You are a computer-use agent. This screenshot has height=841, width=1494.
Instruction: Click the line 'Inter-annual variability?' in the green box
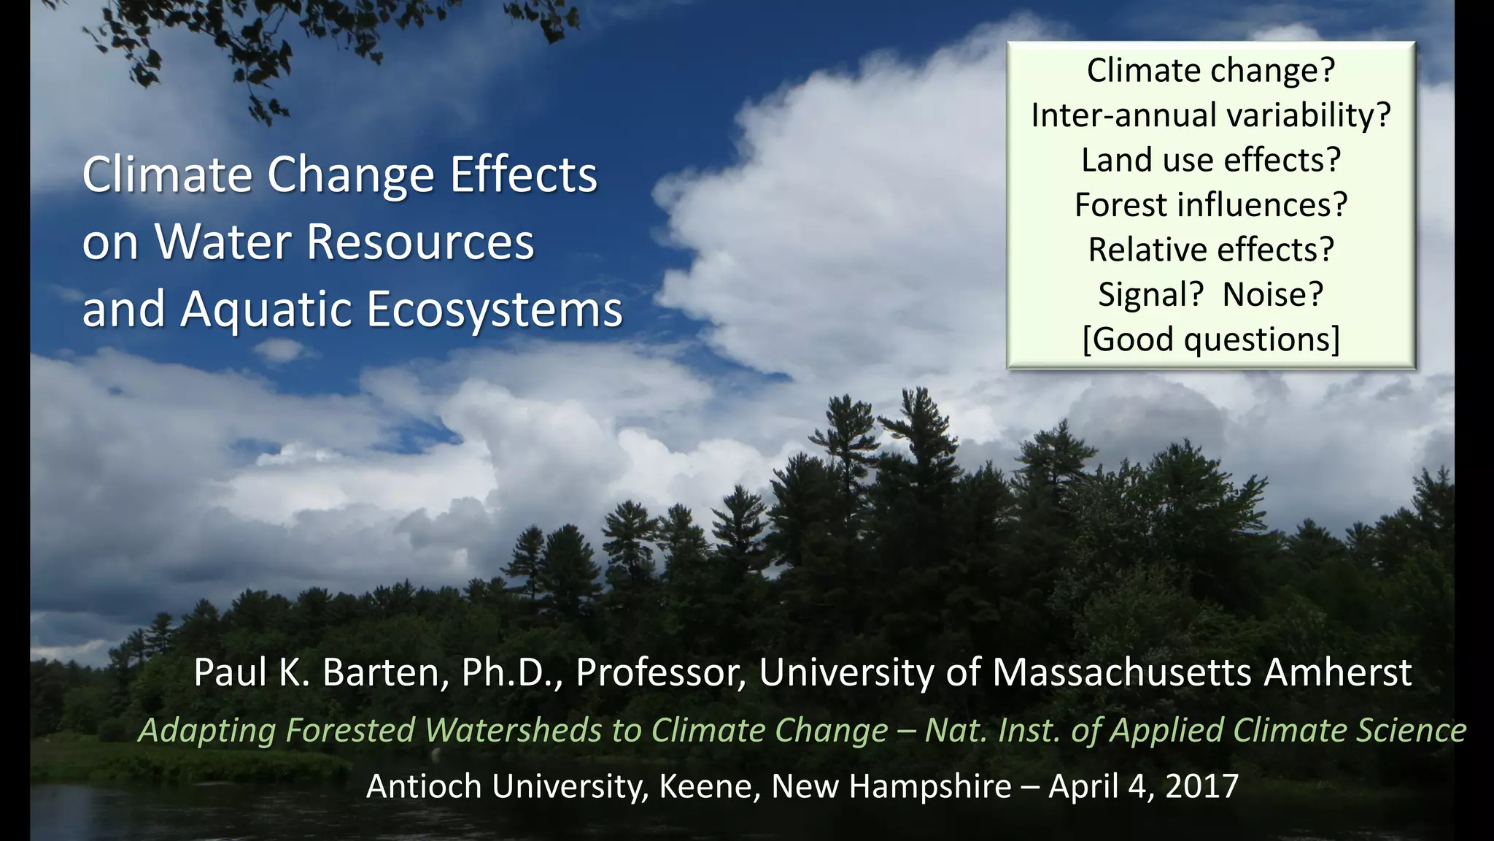(1211, 115)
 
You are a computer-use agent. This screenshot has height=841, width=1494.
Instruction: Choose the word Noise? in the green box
(1273, 295)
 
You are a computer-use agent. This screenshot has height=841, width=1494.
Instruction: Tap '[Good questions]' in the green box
(1211, 339)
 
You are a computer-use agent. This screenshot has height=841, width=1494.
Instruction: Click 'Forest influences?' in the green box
(1211, 205)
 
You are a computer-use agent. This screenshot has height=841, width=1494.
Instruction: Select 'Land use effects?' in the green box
(1211, 161)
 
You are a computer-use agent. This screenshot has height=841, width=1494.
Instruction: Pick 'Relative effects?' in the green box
(1211, 250)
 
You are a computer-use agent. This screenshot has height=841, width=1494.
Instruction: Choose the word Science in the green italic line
(1411, 730)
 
